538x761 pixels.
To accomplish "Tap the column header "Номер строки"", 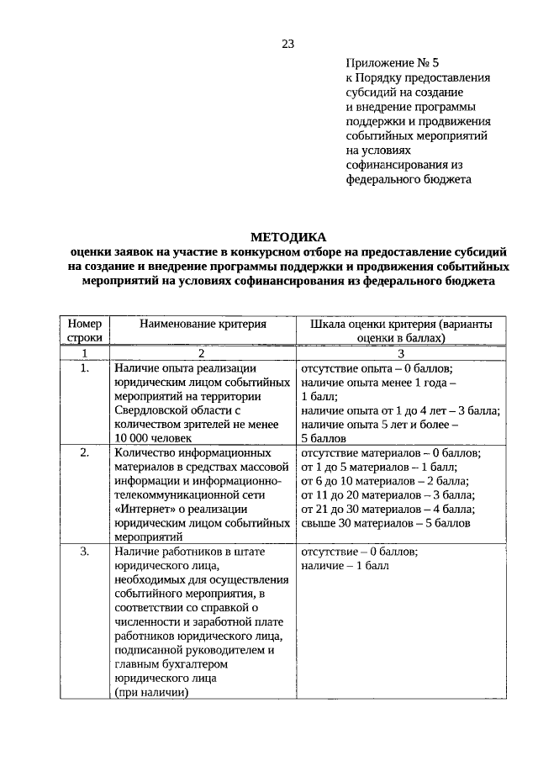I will pyautogui.click(x=84, y=330).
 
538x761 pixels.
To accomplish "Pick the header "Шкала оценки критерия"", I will pyautogui.click(x=401, y=330).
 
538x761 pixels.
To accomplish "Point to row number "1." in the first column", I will pyautogui.click(x=84, y=368).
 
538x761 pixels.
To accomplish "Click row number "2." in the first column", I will pyautogui.click(x=84, y=452).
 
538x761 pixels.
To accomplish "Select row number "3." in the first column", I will pyautogui.click(x=84, y=552).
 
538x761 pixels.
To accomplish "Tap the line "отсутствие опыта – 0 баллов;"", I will pyautogui.click(x=377, y=368).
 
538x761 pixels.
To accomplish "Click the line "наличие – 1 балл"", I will pyautogui.click(x=345, y=566).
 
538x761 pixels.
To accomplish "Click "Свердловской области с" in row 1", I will pyautogui.click(x=179, y=410).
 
